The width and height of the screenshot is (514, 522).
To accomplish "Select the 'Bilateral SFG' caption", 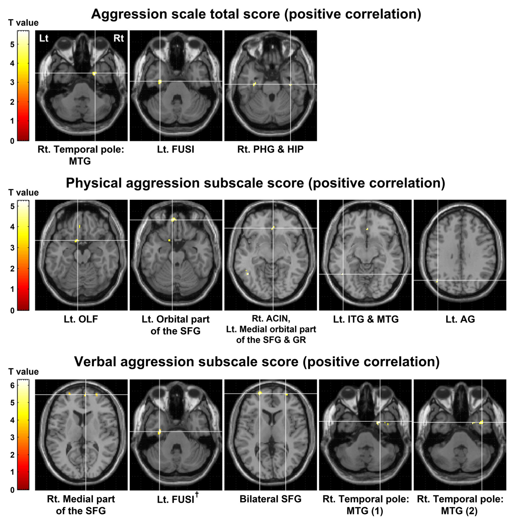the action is [270, 499].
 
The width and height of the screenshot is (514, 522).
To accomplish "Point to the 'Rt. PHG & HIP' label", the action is [270, 149].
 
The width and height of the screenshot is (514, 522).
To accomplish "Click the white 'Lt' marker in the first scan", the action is [44, 38].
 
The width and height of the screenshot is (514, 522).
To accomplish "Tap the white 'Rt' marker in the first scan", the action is [118, 38].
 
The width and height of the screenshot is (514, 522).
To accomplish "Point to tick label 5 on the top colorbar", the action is [12, 44].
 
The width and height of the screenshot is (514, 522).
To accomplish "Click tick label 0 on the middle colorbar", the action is [12, 310].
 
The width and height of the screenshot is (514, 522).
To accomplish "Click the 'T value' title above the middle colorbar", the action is [23, 192].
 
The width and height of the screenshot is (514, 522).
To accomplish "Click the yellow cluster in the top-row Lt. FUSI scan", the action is [160, 82].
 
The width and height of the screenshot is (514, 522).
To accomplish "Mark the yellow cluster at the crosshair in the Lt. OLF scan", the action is [77, 241].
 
